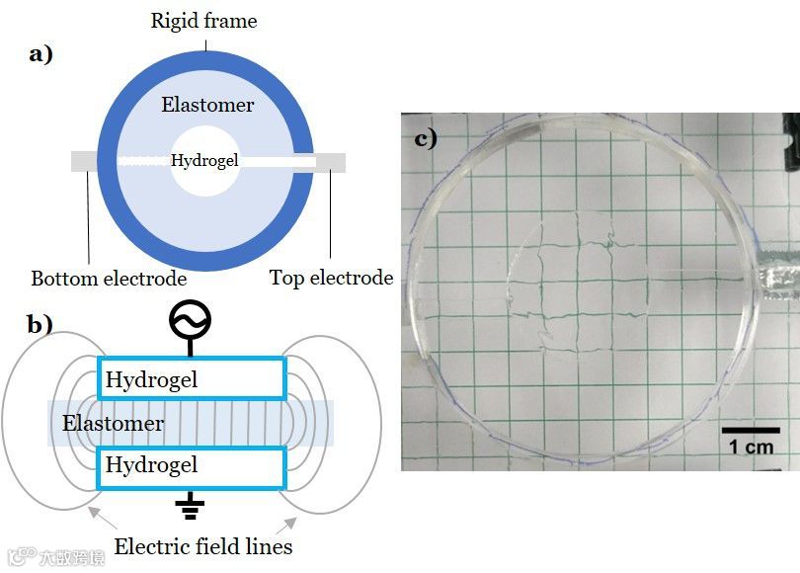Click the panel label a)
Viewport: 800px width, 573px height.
coord(40,54)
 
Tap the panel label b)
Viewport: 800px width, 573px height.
coord(40,324)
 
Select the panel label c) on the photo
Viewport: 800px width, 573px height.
coord(425,138)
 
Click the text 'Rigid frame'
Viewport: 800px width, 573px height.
coord(203,20)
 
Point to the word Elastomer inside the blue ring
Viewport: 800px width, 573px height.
coord(207,105)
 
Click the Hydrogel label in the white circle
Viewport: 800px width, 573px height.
coord(204,161)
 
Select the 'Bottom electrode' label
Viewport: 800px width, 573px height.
coord(109,279)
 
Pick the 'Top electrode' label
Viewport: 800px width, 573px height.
coord(331,279)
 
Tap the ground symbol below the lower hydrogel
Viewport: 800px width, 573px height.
coord(190,508)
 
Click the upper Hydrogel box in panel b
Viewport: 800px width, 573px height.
coord(192,379)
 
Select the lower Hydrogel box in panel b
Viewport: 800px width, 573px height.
coord(192,465)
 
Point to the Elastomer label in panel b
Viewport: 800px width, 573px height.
coord(113,424)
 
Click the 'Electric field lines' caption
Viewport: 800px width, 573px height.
coord(203,546)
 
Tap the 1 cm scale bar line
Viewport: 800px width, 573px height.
coord(751,430)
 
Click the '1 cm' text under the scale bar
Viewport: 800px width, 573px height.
coord(751,447)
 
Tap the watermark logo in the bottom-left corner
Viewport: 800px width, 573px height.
coord(22,556)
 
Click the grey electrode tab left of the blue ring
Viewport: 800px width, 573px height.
coord(85,162)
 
